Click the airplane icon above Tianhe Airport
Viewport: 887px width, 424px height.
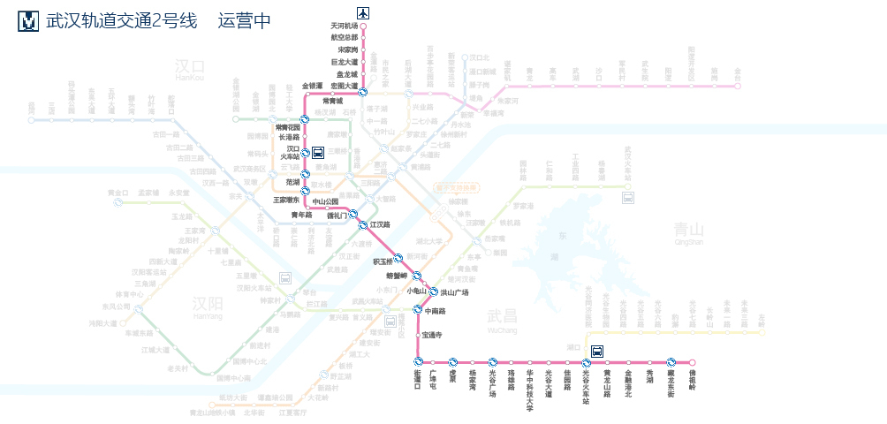[363, 12]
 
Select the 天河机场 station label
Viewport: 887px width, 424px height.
[344, 26]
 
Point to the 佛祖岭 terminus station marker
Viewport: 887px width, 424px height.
[693, 362]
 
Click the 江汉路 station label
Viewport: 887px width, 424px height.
[380, 225]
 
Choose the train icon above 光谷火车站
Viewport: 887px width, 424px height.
[597, 350]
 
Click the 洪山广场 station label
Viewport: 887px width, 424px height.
[454, 292]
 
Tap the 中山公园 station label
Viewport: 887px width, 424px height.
[325, 201]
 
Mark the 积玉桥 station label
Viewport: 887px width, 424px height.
[382, 261]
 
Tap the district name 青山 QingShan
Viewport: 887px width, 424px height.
[688, 231]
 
